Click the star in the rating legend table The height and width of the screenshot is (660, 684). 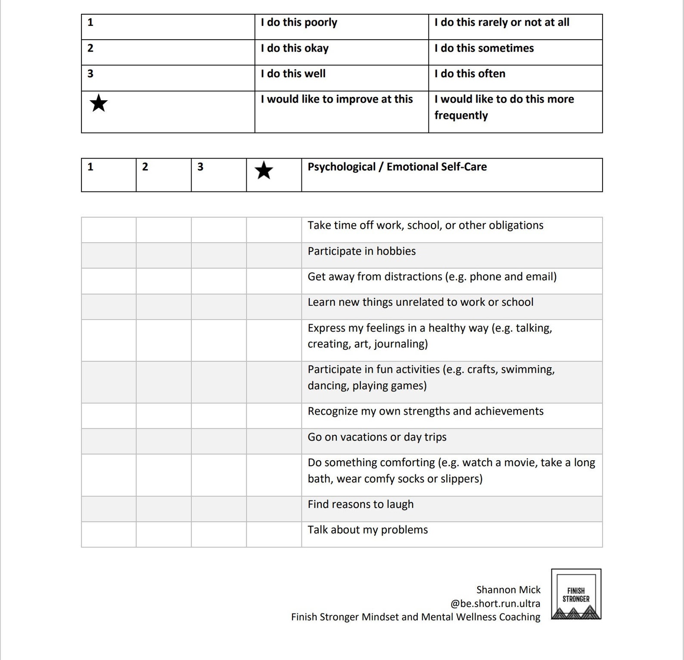pos(99,103)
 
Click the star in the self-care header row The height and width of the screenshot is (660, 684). pos(264,170)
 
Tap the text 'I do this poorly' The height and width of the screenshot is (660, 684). pos(299,22)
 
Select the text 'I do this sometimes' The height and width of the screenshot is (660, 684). pos(484,48)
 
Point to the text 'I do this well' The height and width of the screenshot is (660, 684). pos(293,74)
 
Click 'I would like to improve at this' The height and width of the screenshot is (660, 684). pos(336,99)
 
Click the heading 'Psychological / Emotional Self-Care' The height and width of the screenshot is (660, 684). pos(397,167)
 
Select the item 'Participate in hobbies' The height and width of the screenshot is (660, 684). pos(361,251)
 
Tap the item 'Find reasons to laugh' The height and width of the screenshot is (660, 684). pos(360,504)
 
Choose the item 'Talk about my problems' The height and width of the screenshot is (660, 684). pos(367,530)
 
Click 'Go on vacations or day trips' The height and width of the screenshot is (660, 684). pos(377,437)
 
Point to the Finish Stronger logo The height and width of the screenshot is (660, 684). pos(576,594)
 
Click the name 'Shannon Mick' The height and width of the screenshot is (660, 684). pos(508,590)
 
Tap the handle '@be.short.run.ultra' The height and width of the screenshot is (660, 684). pos(495,604)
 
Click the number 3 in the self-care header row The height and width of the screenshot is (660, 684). pos(200,167)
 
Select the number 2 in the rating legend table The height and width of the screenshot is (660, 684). pos(90,48)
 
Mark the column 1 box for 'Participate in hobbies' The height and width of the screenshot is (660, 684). pos(109,255)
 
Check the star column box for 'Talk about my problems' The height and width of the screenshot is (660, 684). pos(274,534)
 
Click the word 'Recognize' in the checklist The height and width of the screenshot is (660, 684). pos(333,411)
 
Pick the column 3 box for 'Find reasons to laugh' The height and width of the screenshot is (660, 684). pos(218,509)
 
